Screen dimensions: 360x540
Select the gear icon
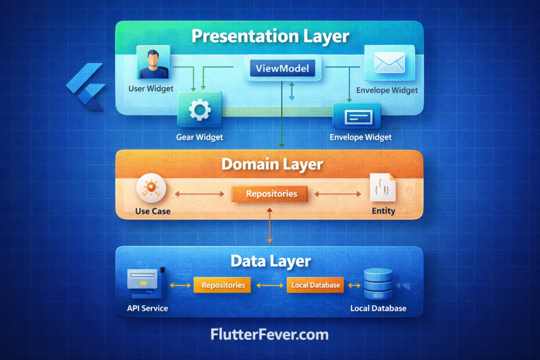click(x=199, y=110)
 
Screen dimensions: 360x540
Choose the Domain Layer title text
click(x=272, y=163)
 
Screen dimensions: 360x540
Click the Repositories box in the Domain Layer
click(x=271, y=194)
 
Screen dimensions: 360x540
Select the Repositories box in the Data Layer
click(x=223, y=285)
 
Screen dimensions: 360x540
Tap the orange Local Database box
click(x=315, y=285)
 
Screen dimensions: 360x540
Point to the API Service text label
click(x=147, y=308)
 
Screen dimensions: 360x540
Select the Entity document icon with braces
click(x=382, y=188)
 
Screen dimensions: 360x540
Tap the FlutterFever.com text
click(x=269, y=334)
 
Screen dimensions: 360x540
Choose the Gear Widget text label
click(x=199, y=137)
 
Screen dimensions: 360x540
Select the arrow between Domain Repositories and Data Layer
click(x=270, y=224)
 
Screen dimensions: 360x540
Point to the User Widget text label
click(x=151, y=89)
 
